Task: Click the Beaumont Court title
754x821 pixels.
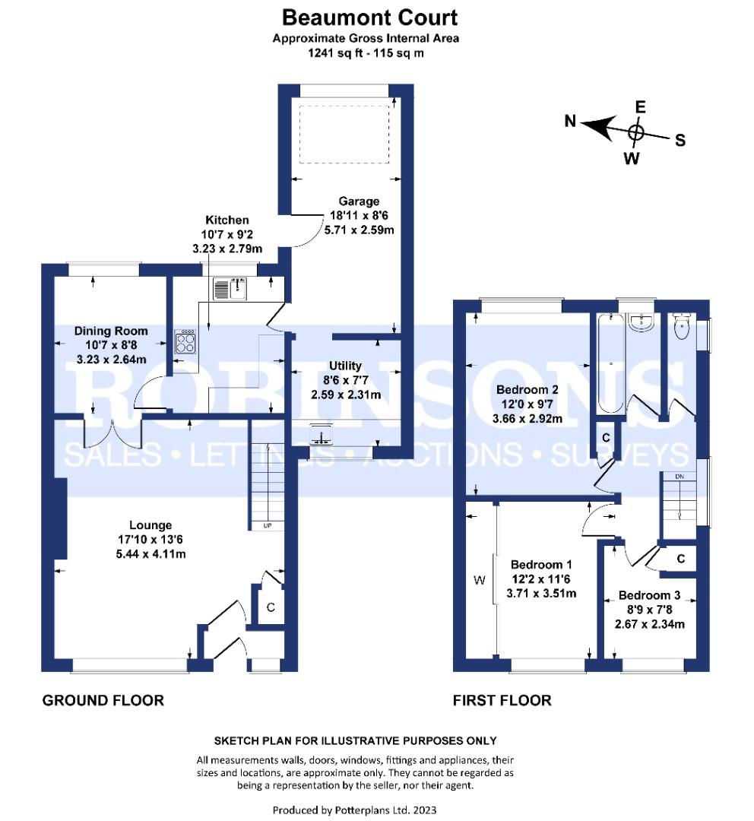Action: [x=369, y=17]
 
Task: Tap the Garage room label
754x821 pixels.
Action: [x=359, y=201]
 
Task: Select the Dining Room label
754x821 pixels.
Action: [x=111, y=331]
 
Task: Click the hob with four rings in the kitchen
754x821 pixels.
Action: [x=185, y=341]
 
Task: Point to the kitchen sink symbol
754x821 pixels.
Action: [x=230, y=289]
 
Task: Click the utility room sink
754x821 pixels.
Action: [x=321, y=434]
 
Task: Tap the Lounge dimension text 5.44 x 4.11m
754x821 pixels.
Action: [x=150, y=554]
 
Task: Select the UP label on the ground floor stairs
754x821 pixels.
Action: [x=267, y=525]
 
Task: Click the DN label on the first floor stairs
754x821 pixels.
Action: [x=680, y=477]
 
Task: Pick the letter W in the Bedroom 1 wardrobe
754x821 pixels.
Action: [x=480, y=579]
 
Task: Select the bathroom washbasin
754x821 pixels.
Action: [x=641, y=322]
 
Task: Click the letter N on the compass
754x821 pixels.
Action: [x=570, y=122]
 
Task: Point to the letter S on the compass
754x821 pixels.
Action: [x=680, y=141]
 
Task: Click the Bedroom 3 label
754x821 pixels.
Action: [x=649, y=595]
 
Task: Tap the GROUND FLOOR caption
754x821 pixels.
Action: [x=103, y=701]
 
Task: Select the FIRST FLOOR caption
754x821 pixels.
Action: [x=502, y=701]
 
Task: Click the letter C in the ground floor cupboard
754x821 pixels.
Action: [x=271, y=607]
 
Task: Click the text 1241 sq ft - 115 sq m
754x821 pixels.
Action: [x=366, y=53]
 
